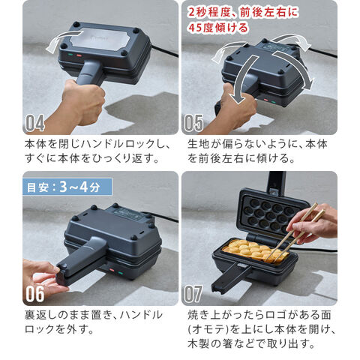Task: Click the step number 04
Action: coord(34,123)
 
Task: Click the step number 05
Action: coord(193,123)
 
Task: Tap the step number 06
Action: coord(35,294)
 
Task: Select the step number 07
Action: coord(193,294)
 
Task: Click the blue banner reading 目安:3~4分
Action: coord(67,187)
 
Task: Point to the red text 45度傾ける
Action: coord(218,28)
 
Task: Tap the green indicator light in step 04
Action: coord(70,54)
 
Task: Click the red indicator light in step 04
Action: coord(79,55)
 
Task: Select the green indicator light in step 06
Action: coord(121,273)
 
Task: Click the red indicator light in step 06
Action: coord(112,270)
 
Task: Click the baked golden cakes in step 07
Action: coord(256,250)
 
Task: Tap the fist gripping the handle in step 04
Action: coord(83,103)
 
